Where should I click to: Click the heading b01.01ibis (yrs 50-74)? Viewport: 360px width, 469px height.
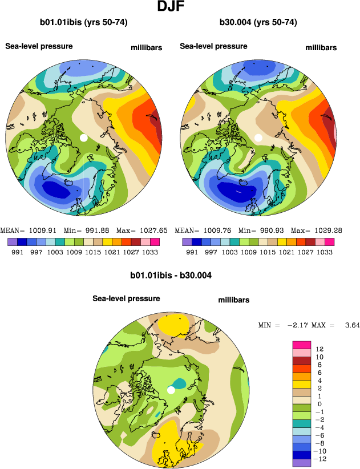(83, 23)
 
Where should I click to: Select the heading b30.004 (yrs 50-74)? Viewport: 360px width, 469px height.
(258, 23)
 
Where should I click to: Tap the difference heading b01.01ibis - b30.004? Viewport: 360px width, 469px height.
(171, 276)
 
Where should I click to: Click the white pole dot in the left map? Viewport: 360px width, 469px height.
(83, 138)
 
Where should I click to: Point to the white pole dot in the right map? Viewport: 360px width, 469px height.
(258, 138)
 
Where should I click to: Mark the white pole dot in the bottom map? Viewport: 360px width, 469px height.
(171, 390)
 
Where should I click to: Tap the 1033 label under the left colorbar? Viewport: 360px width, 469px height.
(150, 252)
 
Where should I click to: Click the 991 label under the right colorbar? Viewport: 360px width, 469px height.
(192, 252)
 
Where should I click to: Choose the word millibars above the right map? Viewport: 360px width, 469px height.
(321, 47)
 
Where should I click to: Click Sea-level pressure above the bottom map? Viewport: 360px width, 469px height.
(126, 298)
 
